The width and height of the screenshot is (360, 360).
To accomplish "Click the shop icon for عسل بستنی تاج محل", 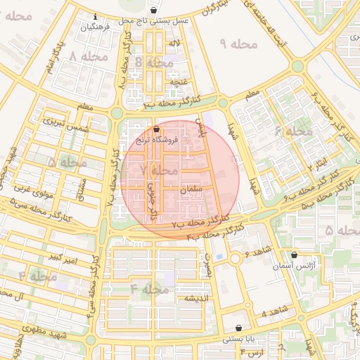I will [154, 11].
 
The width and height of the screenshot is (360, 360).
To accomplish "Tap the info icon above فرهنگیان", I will [95, 17].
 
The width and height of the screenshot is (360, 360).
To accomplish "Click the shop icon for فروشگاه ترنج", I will [156, 129].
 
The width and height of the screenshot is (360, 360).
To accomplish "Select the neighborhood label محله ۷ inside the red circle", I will [159, 170].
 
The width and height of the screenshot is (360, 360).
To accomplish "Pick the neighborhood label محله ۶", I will [293, 131].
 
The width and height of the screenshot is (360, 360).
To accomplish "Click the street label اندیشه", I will [198, 298].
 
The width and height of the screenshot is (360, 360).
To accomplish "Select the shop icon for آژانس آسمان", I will [294, 255].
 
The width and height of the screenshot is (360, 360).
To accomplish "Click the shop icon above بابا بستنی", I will [239, 328].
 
